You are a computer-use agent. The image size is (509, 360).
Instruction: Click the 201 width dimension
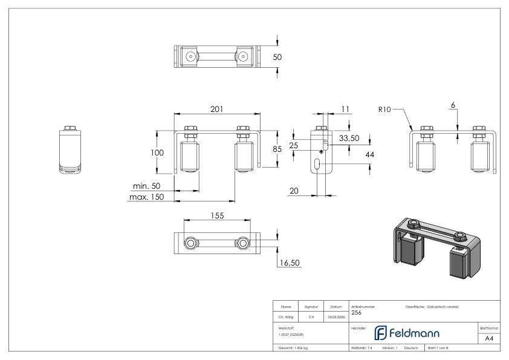(217, 109)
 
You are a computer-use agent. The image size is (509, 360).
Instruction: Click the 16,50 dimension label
(290, 263)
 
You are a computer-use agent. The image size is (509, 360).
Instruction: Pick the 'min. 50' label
(146, 186)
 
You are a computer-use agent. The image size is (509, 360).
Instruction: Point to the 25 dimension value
(294, 146)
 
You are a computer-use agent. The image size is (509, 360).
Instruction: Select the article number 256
(356, 313)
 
